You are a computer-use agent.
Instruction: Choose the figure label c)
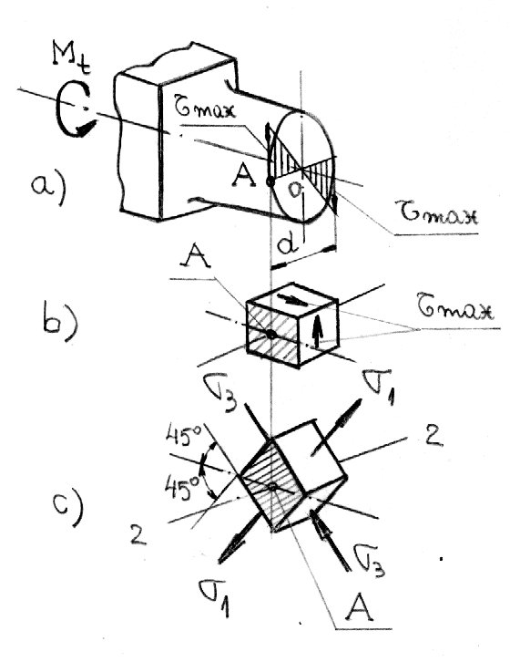(68, 507)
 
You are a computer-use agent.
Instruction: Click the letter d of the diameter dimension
(287, 243)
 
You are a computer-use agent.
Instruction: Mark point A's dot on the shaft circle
(270, 182)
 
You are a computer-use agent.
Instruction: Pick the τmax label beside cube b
(456, 312)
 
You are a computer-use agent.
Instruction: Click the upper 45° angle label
(184, 437)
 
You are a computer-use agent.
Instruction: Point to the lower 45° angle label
(181, 488)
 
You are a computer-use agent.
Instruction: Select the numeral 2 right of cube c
(433, 435)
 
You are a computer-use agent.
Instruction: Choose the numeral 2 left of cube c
(138, 533)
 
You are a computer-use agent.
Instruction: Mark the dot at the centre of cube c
(273, 487)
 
